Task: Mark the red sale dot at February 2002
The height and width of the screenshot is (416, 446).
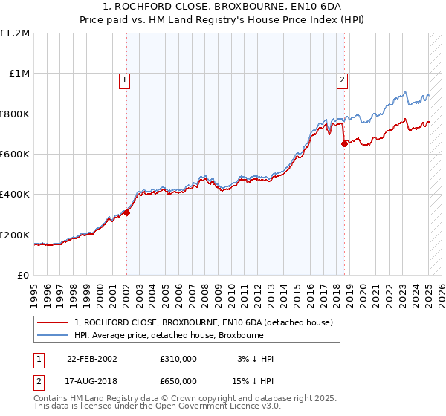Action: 127,212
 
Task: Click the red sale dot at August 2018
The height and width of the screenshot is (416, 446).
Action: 344,144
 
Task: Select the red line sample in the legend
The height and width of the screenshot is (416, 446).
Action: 54,322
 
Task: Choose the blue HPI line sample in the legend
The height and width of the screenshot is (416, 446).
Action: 54,334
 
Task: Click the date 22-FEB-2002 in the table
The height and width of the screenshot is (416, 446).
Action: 92,359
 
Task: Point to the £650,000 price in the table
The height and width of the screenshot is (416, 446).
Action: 178,381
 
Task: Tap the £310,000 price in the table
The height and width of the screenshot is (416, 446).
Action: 178,359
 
